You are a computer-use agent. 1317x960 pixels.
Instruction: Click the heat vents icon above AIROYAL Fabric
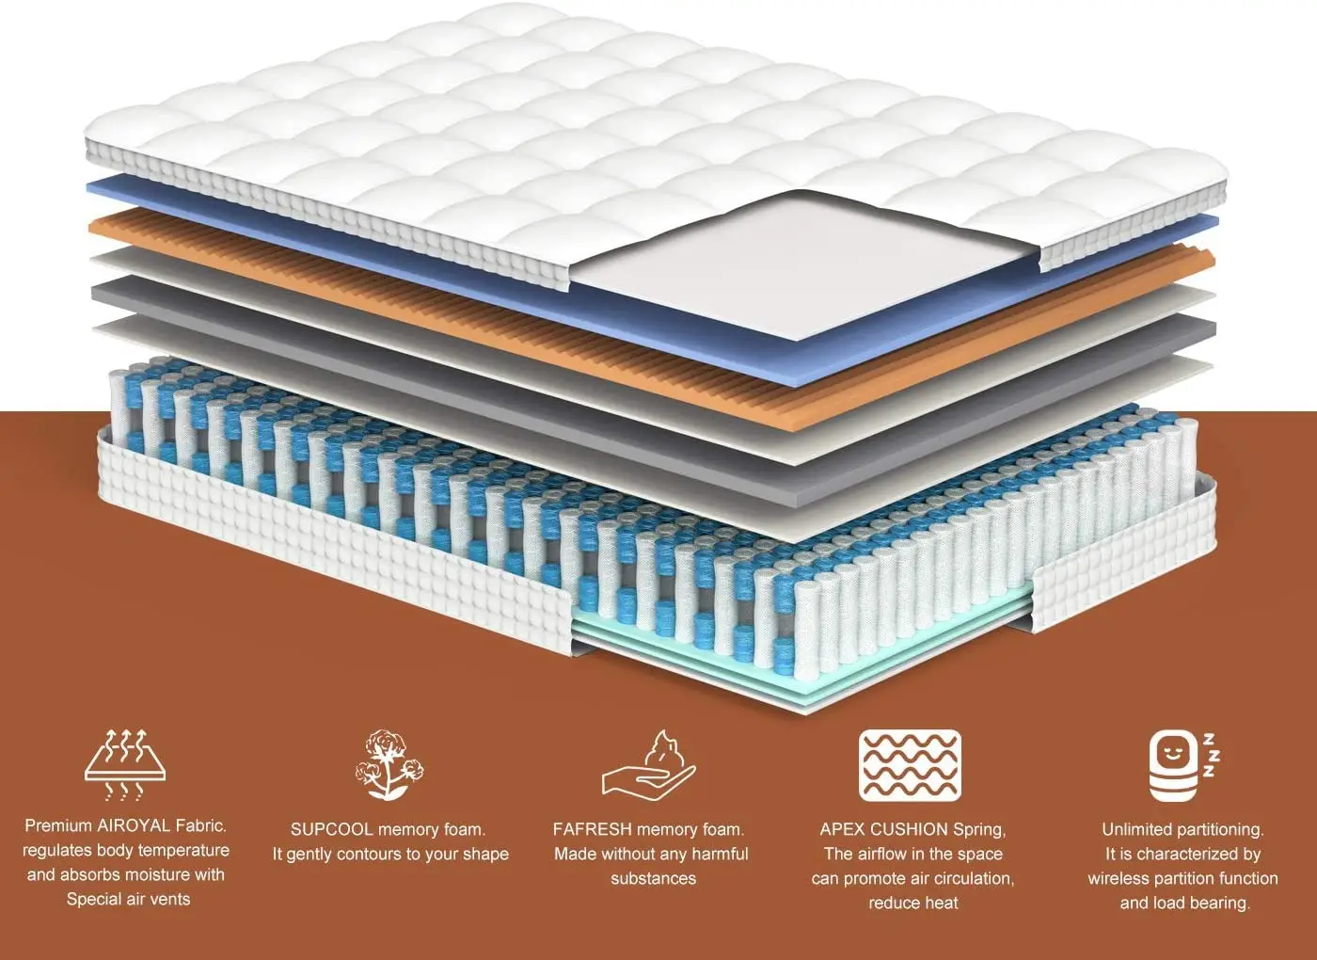coord(126,764)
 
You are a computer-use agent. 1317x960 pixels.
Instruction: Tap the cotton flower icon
coord(388,764)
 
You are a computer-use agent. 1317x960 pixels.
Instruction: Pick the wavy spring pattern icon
coord(910,765)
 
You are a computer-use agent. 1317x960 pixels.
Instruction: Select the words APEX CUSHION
coord(883,829)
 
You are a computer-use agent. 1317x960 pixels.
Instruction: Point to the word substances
coord(653,878)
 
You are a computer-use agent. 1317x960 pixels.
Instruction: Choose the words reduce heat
coord(912,903)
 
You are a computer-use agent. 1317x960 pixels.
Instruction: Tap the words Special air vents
coord(128,899)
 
